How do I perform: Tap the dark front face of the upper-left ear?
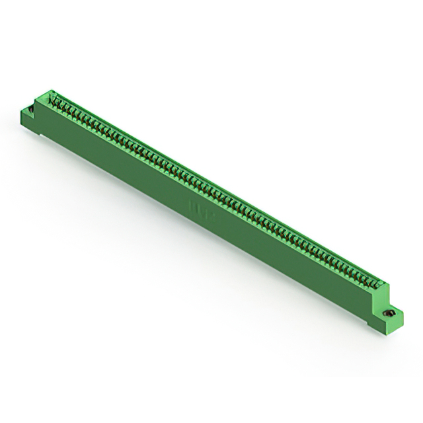click(28, 118)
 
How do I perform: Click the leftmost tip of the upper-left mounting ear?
click(21, 113)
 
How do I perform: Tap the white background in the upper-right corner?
click(397, 26)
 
